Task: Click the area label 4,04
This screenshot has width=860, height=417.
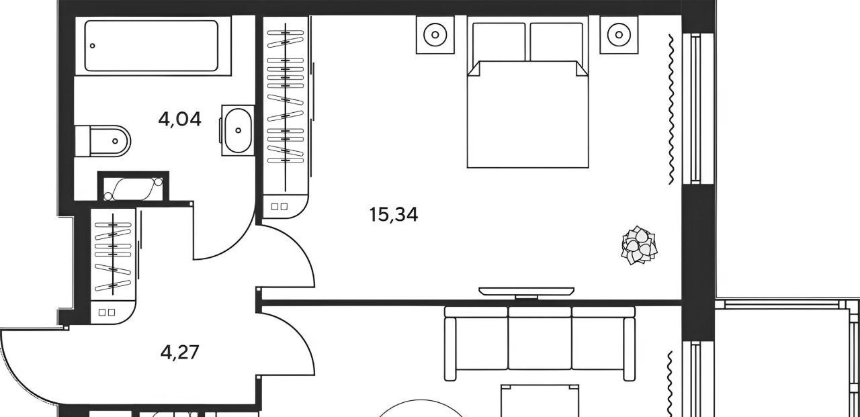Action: click(x=179, y=120)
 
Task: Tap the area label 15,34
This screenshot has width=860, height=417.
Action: click(x=394, y=214)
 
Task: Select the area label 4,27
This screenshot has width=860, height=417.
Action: click(x=179, y=352)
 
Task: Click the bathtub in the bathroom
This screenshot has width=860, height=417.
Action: click(x=151, y=46)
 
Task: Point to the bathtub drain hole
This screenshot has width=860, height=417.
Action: click(x=92, y=46)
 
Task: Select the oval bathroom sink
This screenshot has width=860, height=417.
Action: click(x=238, y=130)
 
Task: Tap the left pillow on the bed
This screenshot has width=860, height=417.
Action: click(x=499, y=42)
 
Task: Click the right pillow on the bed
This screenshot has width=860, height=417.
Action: click(x=556, y=42)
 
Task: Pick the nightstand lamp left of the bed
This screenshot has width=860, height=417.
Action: click(x=435, y=34)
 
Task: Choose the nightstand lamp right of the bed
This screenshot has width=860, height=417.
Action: click(x=619, y=34)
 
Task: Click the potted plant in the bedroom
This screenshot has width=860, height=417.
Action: click(x=639, y=245)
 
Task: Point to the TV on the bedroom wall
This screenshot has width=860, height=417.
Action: click(x=526, y=291)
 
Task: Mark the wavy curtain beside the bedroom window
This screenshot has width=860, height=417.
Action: click(x=671, y=109)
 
